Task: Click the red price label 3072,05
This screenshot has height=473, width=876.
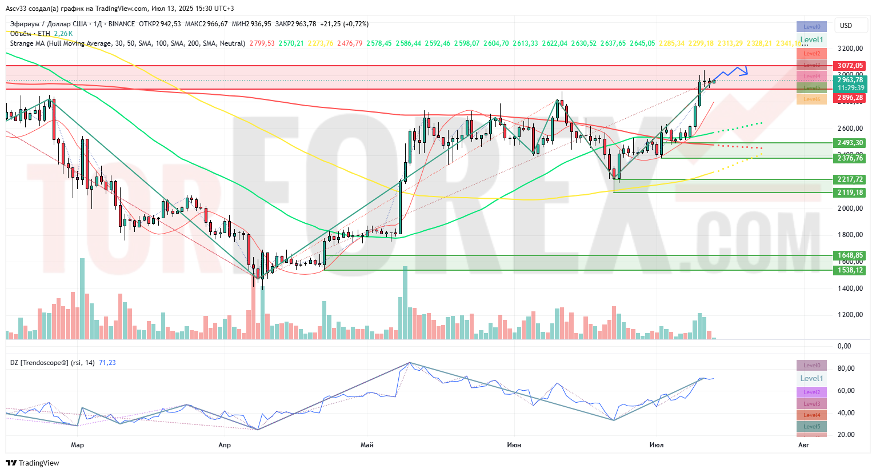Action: [x=850, y=66]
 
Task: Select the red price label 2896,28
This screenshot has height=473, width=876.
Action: [x=850, y=98]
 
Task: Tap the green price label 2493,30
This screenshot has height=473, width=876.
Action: [x=850, y=143]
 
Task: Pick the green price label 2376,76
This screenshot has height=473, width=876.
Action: [x=850, y=158]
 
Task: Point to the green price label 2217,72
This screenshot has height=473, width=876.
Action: [x=850, y=179]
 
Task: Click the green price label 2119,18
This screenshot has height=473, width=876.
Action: [x=850, y=193]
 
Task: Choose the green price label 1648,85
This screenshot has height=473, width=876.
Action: [x=850, y=255]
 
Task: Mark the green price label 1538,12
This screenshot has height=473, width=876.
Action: [x=850, y=270]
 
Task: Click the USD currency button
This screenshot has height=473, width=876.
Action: [x=846, y=26]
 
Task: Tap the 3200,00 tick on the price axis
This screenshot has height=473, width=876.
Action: [x=850, y=49]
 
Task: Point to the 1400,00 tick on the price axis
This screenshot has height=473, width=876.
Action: [x=850, y=288]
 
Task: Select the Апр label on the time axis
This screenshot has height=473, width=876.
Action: [x=225, y=445]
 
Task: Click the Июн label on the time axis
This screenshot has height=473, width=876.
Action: [x=514, y=445]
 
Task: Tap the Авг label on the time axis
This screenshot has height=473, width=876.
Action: [x=803, y=445]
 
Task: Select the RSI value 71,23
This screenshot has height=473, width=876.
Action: [x=107, y=363]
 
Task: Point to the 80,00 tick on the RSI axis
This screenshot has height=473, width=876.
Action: [x=846, y=368]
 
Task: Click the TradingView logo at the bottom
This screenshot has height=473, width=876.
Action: [x=33, y=463]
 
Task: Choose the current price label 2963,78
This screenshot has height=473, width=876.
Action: [x=850, y=81]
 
